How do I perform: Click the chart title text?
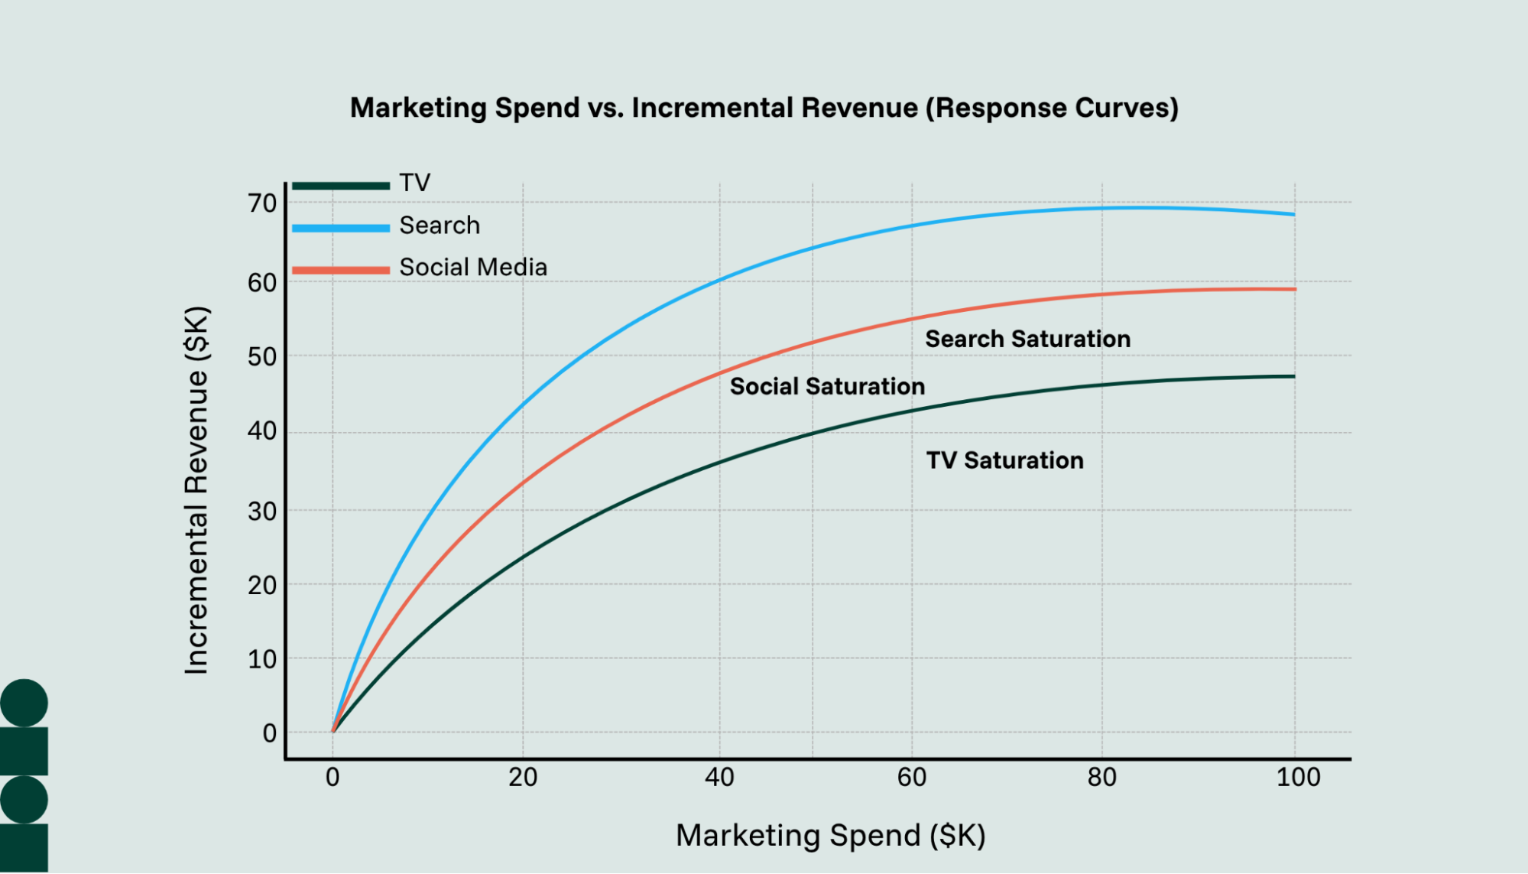[764, 108]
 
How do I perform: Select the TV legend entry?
[414, 183]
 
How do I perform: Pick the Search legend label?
[440, 226]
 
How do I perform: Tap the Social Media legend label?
[472, 268]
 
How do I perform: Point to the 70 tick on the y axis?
[262, 203]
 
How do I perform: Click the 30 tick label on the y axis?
[262, 511]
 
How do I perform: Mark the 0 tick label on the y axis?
[269, 733]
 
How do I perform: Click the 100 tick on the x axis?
[1298, 778]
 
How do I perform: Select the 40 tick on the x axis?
[719, 778]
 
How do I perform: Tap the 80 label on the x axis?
[1101, 778]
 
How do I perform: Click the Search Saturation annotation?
[1027, 339]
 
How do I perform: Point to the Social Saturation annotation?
[827, 386]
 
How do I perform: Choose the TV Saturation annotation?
[1004, 460]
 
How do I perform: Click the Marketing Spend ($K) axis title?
[830, 836]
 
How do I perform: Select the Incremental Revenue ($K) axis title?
[196, 490]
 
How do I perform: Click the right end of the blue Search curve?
[1293, 214]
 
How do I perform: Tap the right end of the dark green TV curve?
[1293, 376]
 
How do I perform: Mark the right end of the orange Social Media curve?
[1294, 289]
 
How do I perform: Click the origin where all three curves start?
[333, 731]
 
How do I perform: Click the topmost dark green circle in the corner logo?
[24, 703]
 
